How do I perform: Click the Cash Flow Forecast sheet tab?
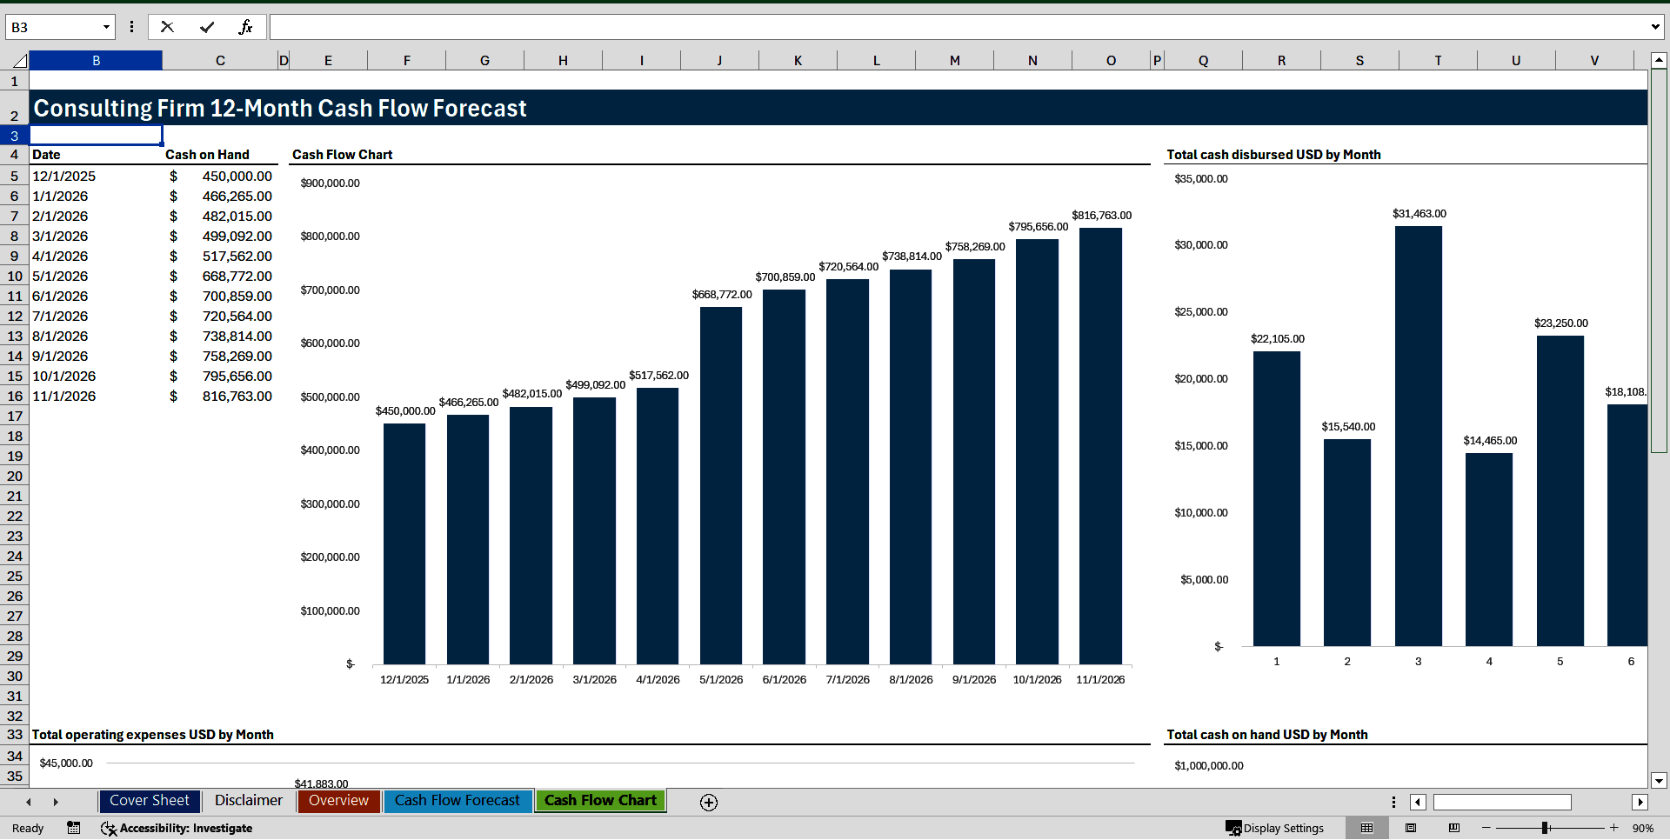click(457, 801)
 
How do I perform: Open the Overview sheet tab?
click(338, 801)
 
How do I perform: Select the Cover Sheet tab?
click(149, 801)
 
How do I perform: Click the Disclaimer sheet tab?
click(249, 801)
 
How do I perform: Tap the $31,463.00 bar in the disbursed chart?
click(1418, 435)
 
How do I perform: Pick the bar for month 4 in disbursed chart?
click(1489, 549)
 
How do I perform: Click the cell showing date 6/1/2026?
click(60, 297)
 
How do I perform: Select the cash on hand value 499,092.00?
click(237, 237)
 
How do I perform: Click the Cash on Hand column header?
click(207, 155)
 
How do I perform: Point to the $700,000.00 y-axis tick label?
click(331, 290)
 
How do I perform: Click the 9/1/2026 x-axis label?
click(974, 680)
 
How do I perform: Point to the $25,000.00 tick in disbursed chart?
click(1201, 312)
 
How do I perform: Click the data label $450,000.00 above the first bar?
click(405, 411)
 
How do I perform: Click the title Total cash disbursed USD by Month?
click(1273, 155)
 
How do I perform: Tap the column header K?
click(798, 61)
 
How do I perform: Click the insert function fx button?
click(245, 27)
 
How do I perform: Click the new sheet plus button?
click(709, 803)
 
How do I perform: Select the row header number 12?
click(15, 317)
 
